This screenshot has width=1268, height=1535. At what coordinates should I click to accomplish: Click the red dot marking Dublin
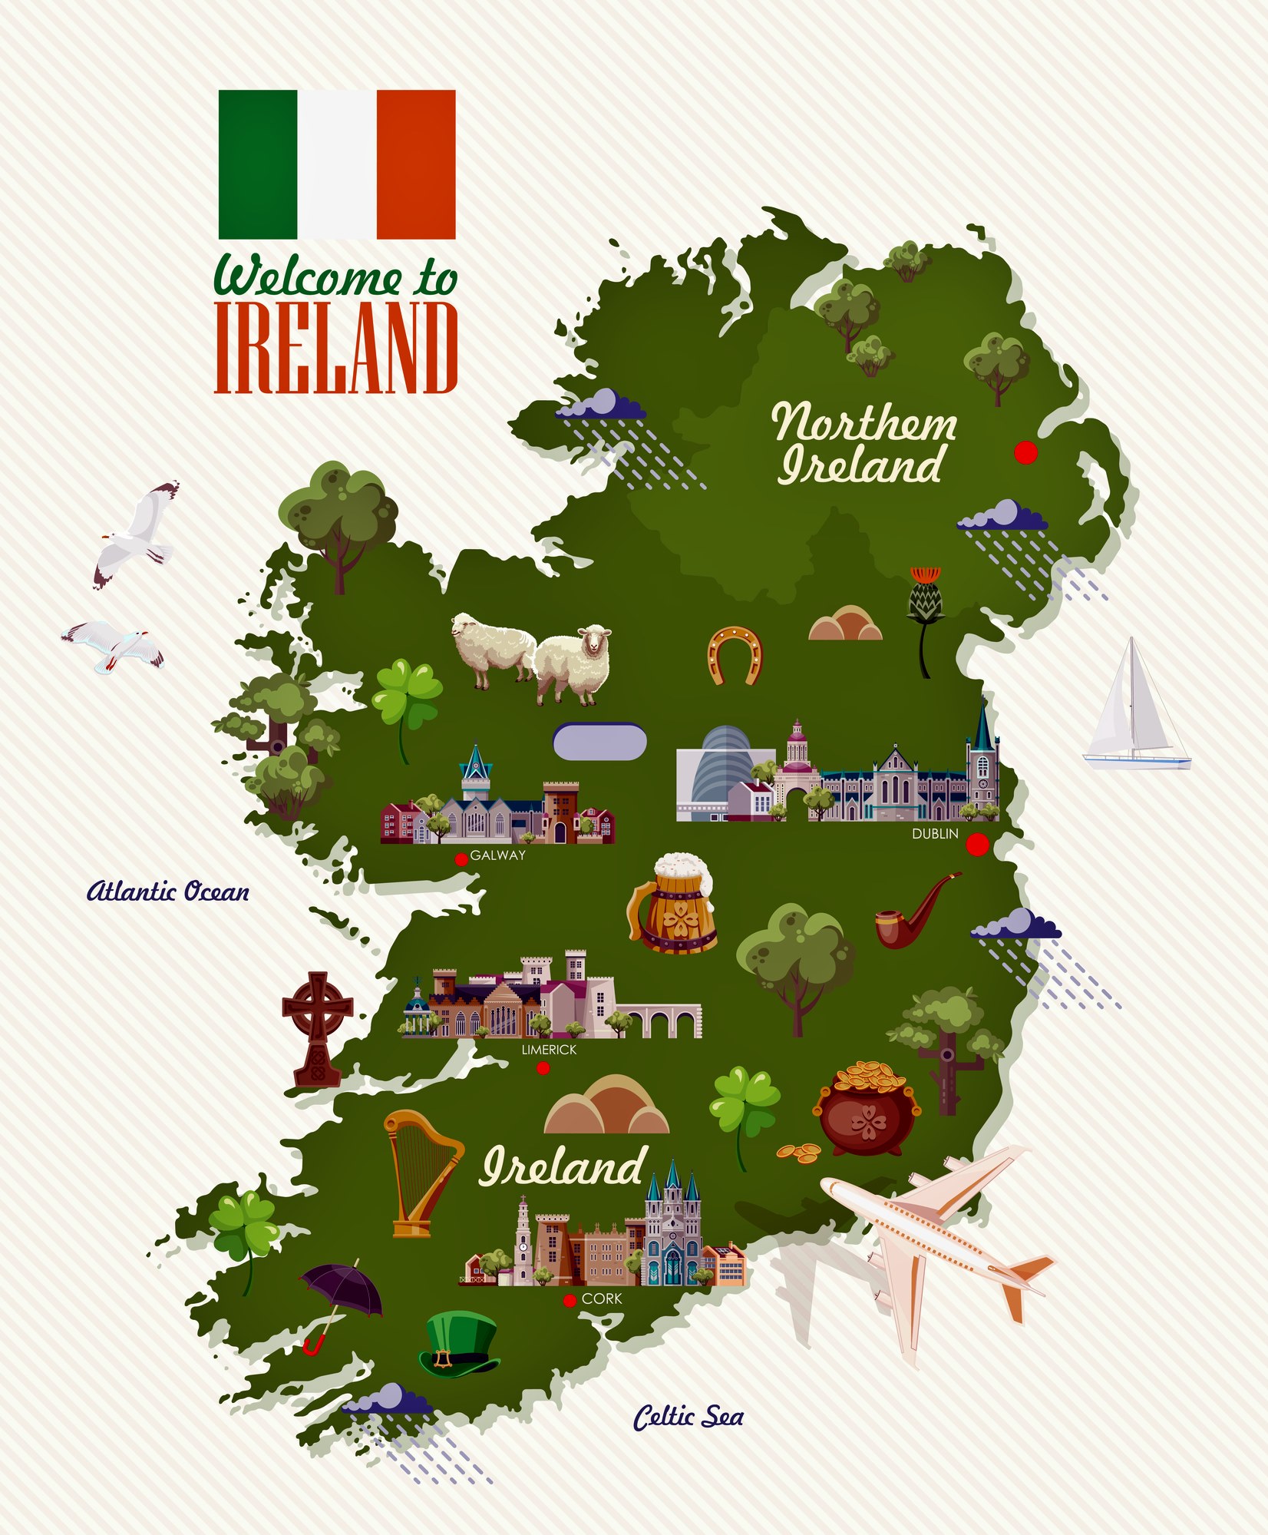point(977,845)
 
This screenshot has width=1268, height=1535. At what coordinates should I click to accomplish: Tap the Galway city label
point(497,855)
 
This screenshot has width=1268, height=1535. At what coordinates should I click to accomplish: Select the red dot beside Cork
point(570,1300)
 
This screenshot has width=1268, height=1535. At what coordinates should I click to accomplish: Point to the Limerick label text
point(549,1050)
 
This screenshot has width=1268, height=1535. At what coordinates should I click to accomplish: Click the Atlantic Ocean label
point(168,892)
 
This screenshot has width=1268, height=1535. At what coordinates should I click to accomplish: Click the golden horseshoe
point(735,654)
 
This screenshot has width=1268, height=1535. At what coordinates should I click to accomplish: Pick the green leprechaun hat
point(458,1344)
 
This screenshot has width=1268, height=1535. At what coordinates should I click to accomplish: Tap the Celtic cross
point(317,1028)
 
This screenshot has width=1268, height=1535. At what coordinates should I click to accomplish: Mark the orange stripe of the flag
point(416,164)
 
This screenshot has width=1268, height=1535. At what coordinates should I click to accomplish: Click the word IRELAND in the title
point(336,348)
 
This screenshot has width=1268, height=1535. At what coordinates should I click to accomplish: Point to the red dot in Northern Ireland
point(1025,453)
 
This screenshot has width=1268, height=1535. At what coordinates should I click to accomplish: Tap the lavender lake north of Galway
point(599,742)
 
